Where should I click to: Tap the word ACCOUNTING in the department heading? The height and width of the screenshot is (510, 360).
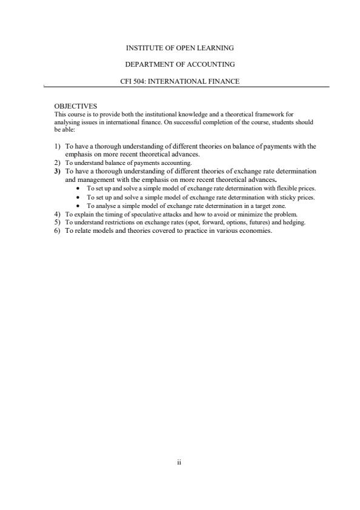coord(212,64)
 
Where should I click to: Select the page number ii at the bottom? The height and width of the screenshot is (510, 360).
coord(179,461)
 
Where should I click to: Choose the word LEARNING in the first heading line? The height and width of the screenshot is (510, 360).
coord(216,47)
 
